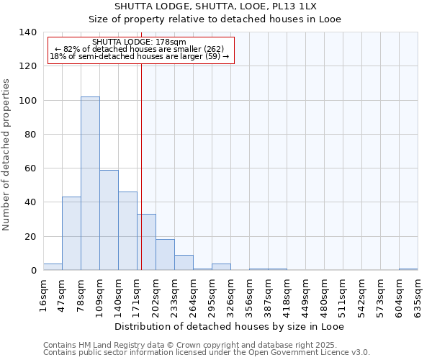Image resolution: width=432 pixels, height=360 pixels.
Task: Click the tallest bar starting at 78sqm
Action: (x=90, y=184)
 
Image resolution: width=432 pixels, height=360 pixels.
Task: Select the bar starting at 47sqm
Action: (x=71, y=233)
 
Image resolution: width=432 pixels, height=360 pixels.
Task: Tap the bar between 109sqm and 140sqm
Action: (x=109, y=220)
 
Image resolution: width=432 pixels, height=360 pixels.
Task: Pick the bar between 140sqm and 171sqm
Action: (x=127, y=230)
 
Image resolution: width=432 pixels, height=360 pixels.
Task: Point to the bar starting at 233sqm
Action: (x=184, y=263)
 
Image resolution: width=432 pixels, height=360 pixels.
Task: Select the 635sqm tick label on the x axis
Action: (x=418, y=297)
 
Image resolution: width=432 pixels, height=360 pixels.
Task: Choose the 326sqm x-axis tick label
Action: (x=230, y=297)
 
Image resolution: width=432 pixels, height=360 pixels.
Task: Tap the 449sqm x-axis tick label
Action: (x=305, y=297)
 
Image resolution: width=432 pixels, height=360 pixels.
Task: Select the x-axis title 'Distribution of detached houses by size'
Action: (x=230, y=326)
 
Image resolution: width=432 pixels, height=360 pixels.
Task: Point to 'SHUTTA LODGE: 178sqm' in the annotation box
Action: (x=140, y=42)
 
